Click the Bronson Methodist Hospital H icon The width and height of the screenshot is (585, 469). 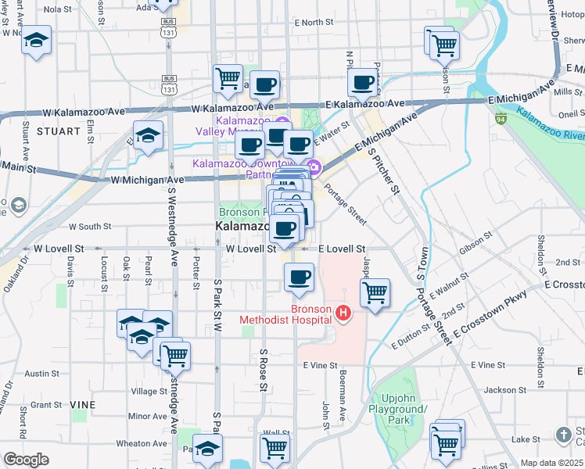(x=342, y=314)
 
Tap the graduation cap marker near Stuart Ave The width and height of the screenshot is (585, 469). (x=36, y=41)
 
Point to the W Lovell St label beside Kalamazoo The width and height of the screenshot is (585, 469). (x=251, y=249)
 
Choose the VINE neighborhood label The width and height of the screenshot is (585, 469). (x=82, y=404)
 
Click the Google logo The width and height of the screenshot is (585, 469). (x=26, y=460)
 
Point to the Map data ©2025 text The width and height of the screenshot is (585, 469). (x=551, y=463)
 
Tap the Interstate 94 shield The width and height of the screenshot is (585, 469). (x=501, y=119)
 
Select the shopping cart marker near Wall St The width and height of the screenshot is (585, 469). (x=275, y=448)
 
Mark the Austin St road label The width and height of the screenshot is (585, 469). (x=41, y=374)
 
